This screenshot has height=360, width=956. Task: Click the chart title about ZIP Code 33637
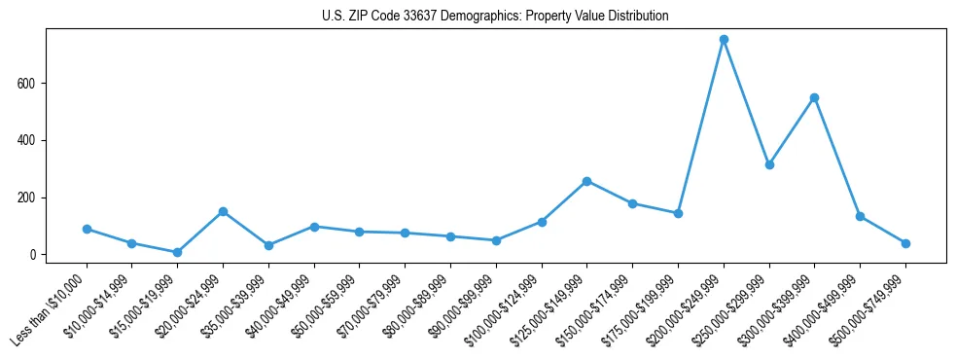pos(495,16)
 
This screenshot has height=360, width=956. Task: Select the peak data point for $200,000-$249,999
pos(724,40)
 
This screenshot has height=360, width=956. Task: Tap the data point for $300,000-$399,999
pos(814,97)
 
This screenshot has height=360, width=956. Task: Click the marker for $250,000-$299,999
pos(769,164)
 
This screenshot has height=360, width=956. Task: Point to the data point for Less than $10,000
pos(87,229)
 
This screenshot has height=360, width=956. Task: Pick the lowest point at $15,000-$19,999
pos(177,252)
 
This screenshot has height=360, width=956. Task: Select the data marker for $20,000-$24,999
pos(223,211)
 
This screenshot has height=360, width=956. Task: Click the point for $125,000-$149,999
pos(586,181)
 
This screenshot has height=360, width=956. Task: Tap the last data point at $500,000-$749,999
pos(905,243)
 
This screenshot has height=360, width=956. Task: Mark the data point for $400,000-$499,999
pos(860,216)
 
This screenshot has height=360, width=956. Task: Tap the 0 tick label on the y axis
pos(32,255)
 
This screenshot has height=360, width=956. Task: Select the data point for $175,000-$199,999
pos(678,213)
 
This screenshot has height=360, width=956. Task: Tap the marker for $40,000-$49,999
pos(314,227)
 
